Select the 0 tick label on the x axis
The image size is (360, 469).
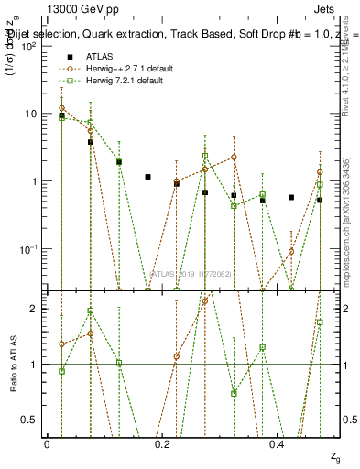click(47, 444)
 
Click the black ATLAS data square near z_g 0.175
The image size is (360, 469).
click(147, 177)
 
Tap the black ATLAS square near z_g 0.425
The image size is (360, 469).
click(291, 197)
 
